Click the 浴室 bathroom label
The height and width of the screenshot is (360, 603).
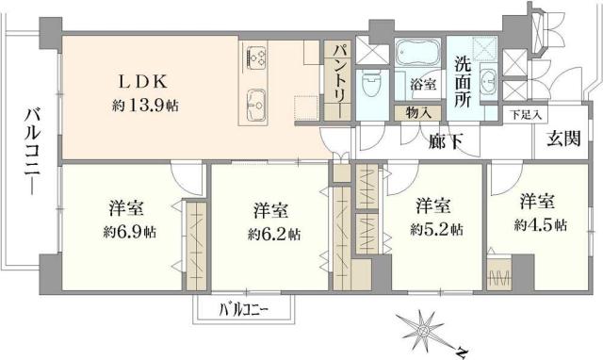(x=421, y=84)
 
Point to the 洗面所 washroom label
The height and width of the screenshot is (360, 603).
(x=464, y=83)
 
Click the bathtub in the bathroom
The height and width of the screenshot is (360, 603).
(x=417, y=52)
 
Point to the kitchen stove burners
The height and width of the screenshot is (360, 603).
(x=257, y=58)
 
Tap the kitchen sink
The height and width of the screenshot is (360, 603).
(x=257, y=100)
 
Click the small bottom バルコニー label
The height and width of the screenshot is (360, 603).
(x=244, y=309)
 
